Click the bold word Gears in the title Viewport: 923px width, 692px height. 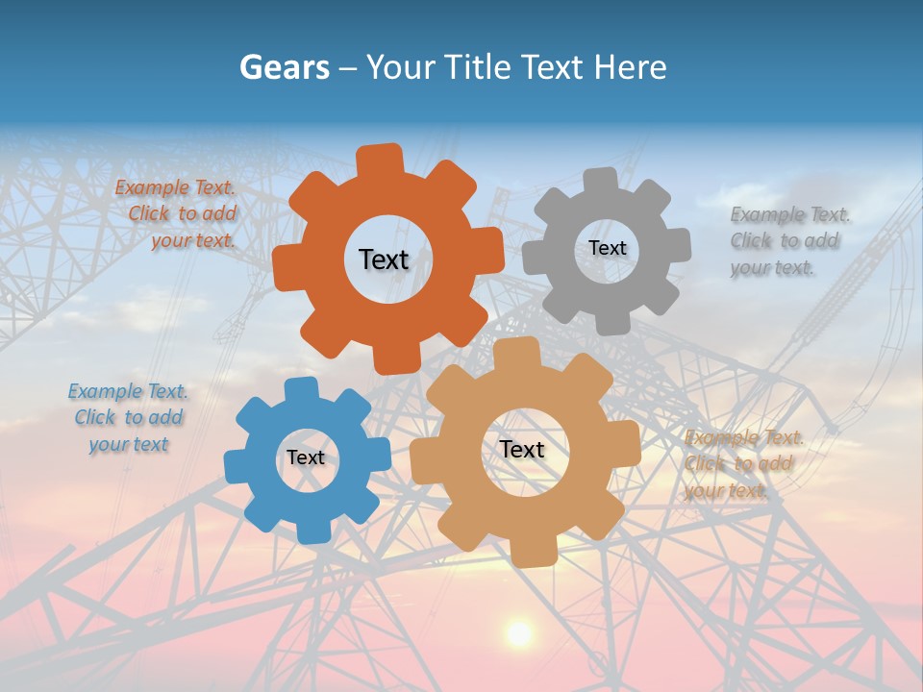pyautogui.click(x=283, y=67)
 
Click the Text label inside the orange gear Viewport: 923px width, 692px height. pyautogui.click(x=384, y=259)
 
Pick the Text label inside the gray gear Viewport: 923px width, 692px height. pyautogui.click(x=607, y=248)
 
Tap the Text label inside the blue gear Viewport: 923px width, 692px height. pyautogui.click(x=306, y=457)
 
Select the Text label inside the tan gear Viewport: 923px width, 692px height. pyautogui.click(x=521, y=449)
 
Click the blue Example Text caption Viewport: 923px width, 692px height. pyautogui.click(x=128, y=417)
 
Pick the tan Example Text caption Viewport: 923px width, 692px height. pyautogui.click(x=741, y=463)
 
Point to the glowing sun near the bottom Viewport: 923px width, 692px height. pyautogui.click(x=519, y=632)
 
